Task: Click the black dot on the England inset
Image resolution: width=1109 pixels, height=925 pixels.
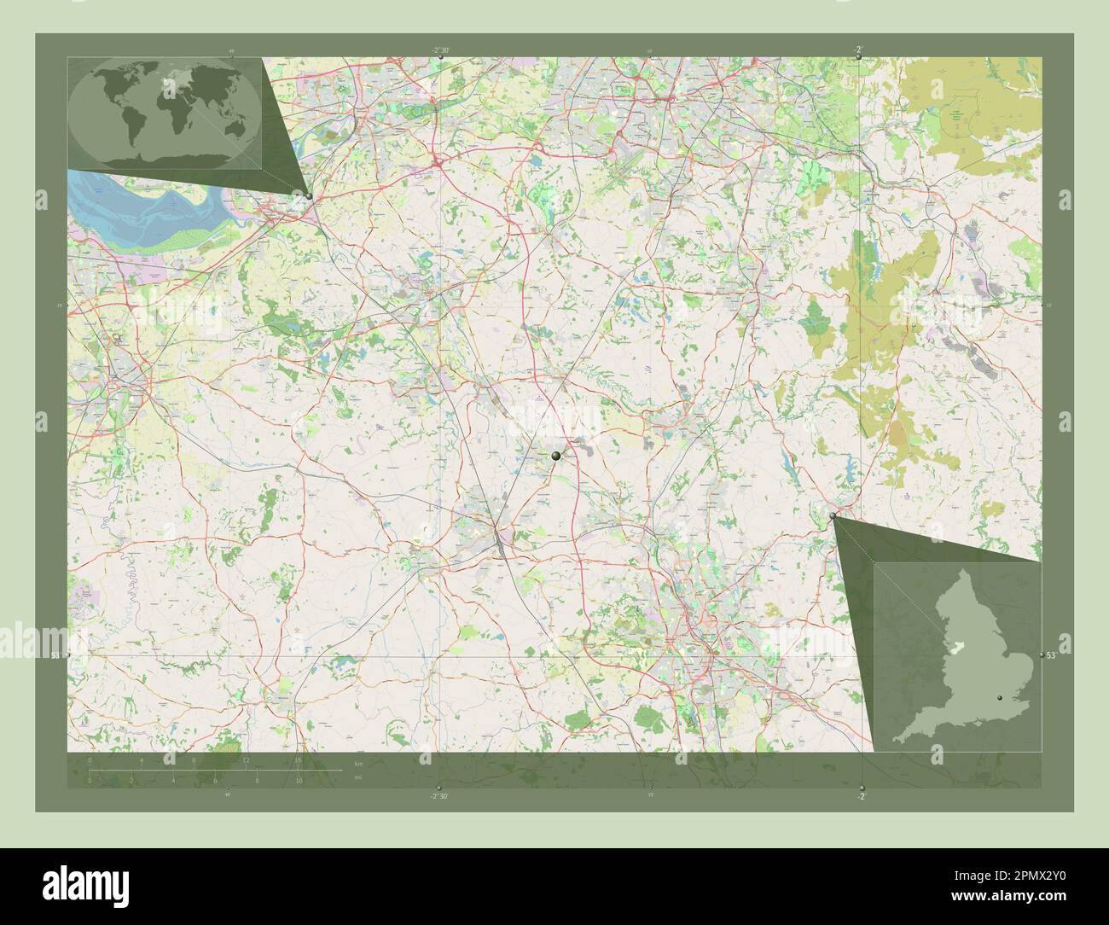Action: [1001, 698]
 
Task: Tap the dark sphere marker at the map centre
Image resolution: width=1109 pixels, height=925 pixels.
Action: [556, 457]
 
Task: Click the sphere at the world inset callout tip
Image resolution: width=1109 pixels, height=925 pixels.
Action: [309, 196]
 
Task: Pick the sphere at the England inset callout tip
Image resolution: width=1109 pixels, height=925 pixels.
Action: [833, 516]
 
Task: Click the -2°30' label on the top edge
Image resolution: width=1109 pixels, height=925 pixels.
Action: [440, 50]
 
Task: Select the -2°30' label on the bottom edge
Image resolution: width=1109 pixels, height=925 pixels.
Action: [439, 795]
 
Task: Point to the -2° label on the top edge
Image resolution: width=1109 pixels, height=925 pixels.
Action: [858, 50]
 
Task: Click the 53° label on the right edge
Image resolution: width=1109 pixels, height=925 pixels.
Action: [1051, 655]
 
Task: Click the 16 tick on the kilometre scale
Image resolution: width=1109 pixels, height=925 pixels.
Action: [299, 759]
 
